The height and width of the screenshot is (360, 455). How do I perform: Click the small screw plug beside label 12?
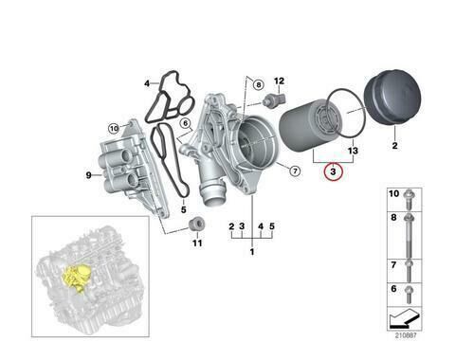272,100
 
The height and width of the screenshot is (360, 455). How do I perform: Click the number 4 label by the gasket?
148,82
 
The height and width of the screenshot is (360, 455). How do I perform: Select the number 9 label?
88,175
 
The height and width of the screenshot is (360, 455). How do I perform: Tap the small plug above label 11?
196,225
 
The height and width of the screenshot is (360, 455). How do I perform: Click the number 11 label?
197,243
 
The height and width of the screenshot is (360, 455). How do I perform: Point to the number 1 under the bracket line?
251,253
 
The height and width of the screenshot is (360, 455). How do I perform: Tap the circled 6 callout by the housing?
186,122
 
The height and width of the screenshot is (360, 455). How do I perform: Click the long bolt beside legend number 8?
409,232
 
